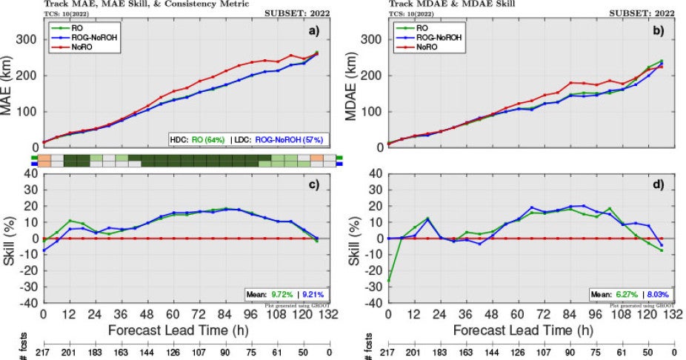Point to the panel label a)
click(x=312, y=32)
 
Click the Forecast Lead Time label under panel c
click(x=181, y=330)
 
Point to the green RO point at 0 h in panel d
click(x=388, y=281)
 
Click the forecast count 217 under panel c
click(x=43, y=352)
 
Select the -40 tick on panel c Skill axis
click(x=29, y=303)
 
